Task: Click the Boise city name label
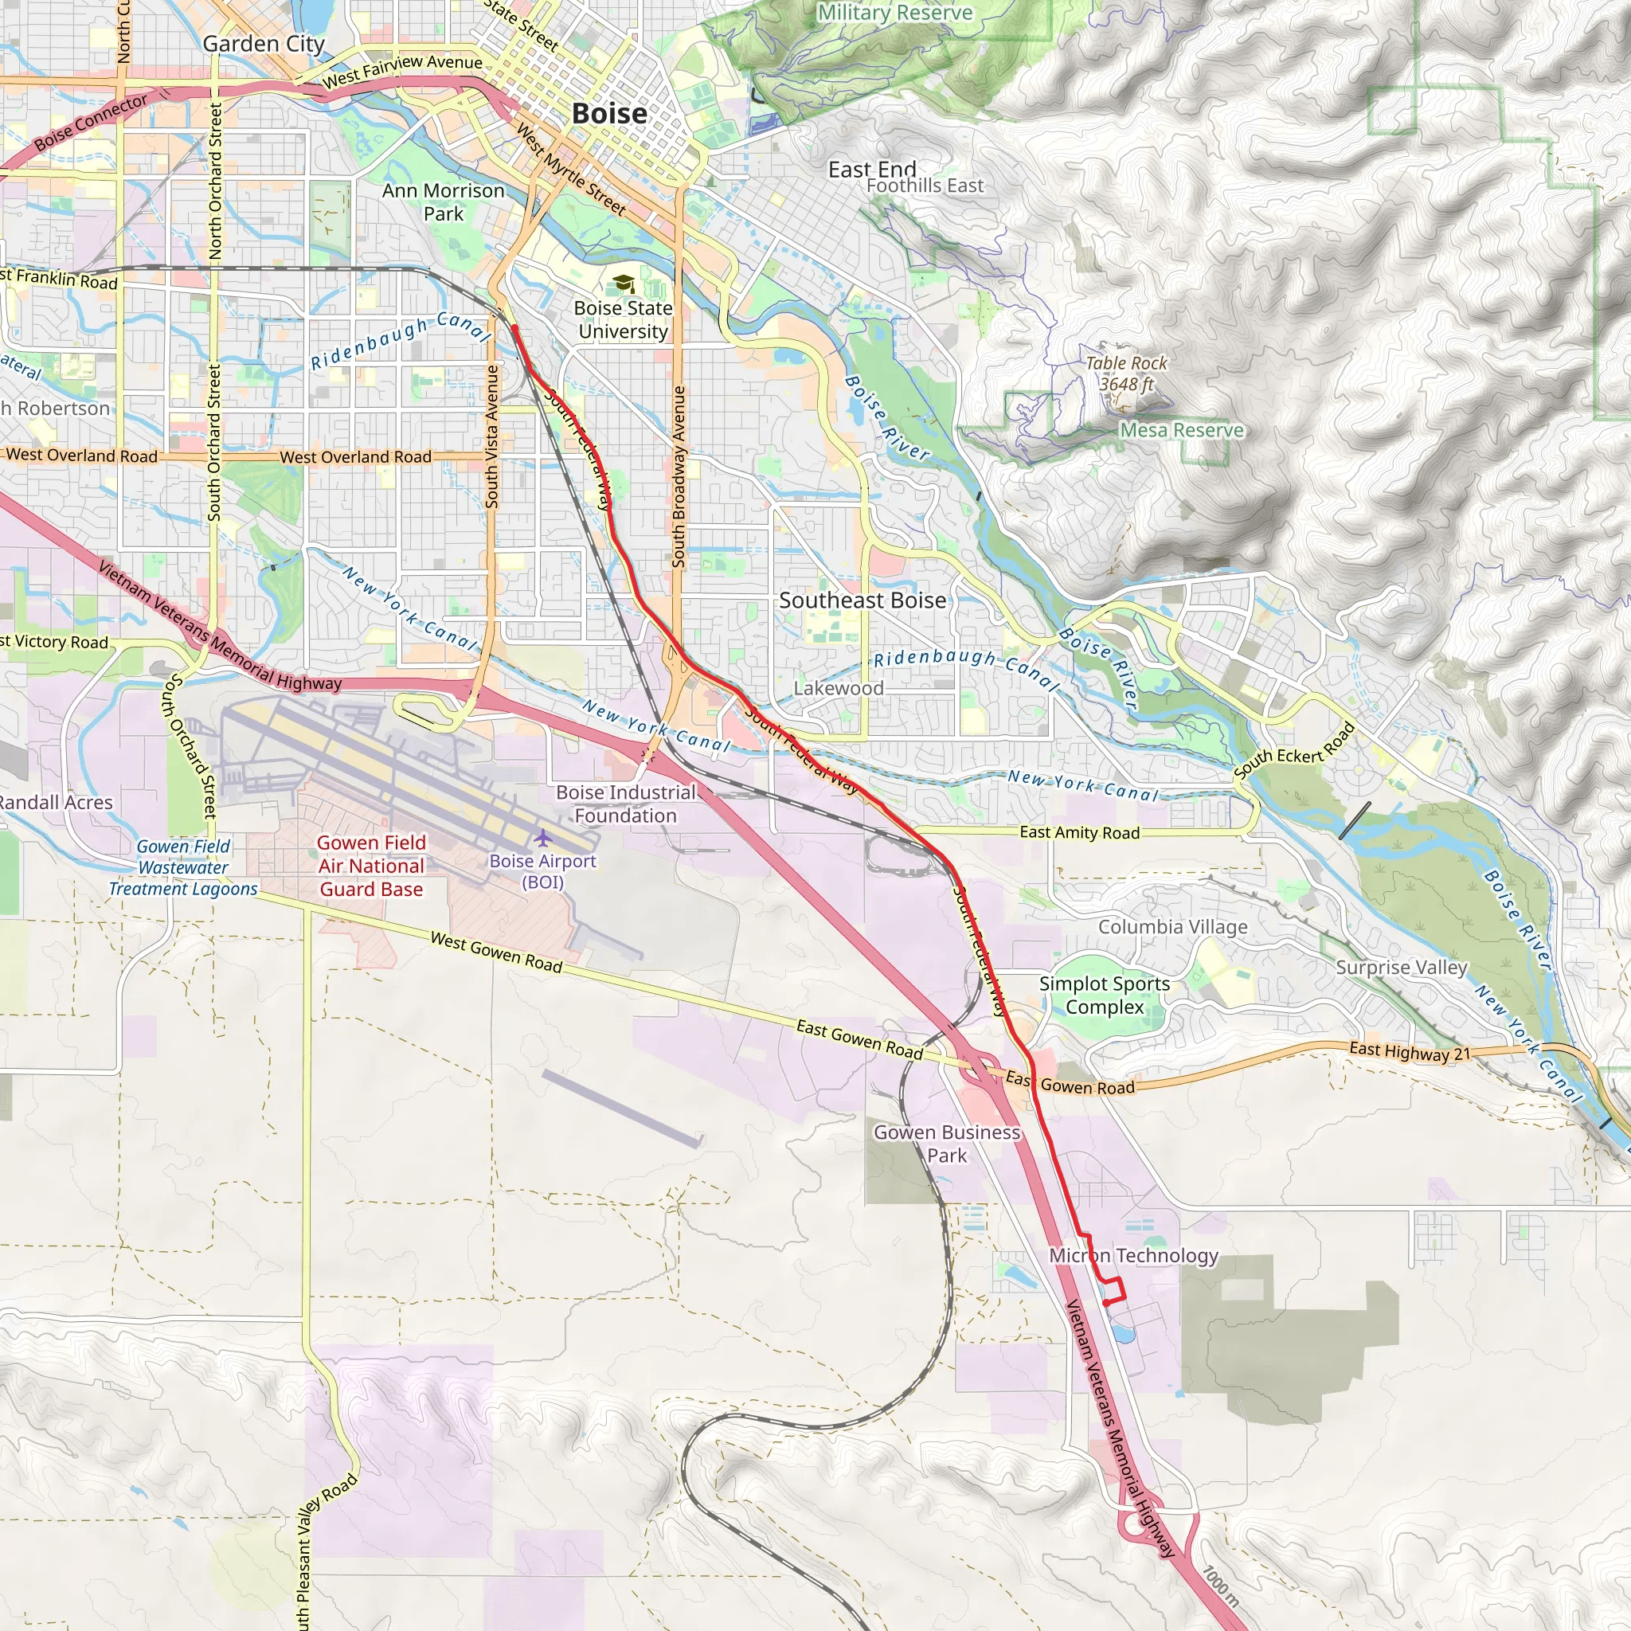(609, 113)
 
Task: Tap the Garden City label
(264, 43)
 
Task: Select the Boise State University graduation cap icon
(623, 283)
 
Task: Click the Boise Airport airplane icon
(542, 838)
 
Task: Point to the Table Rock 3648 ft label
(1126, 374)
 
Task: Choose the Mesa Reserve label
(1182, 430)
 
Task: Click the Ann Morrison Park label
(444, 201)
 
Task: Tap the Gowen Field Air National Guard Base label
(371, 866)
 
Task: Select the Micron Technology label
(1134, 1255)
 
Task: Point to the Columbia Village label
(1172, 926)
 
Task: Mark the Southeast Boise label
(862, 600)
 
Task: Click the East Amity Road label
(1080, 832)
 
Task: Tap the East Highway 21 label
(1410, 1052)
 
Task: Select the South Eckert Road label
(1294, 751)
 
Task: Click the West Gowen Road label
(496, 952)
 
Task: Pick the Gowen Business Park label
(947, 1143)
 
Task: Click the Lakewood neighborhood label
(839, 688)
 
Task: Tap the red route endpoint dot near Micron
(1106, 1303)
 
